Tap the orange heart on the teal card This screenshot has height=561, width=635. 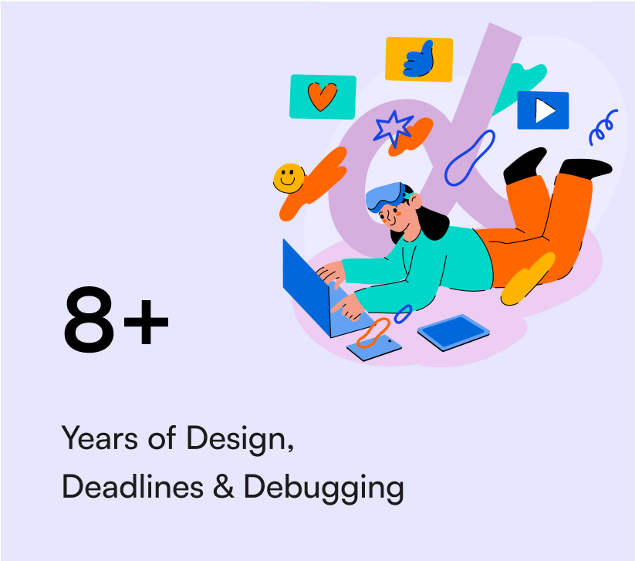tap(323, 96)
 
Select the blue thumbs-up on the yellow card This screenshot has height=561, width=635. tap(419, 59)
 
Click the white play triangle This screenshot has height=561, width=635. tap(545, 110)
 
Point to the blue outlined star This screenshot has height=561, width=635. tap(393, 128)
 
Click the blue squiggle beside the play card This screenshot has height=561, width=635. tap(603, 127)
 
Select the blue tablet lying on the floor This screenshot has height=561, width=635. tap(454, 331)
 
